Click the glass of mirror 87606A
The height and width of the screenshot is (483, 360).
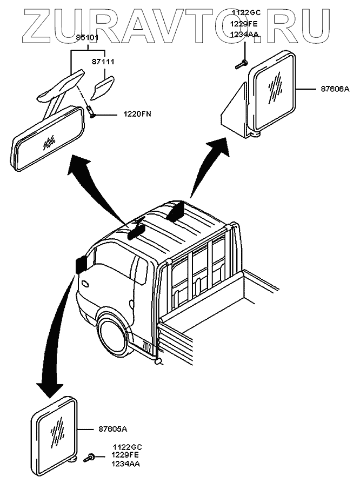click(276, 90)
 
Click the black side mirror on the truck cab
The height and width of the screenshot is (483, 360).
click(82, 263)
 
